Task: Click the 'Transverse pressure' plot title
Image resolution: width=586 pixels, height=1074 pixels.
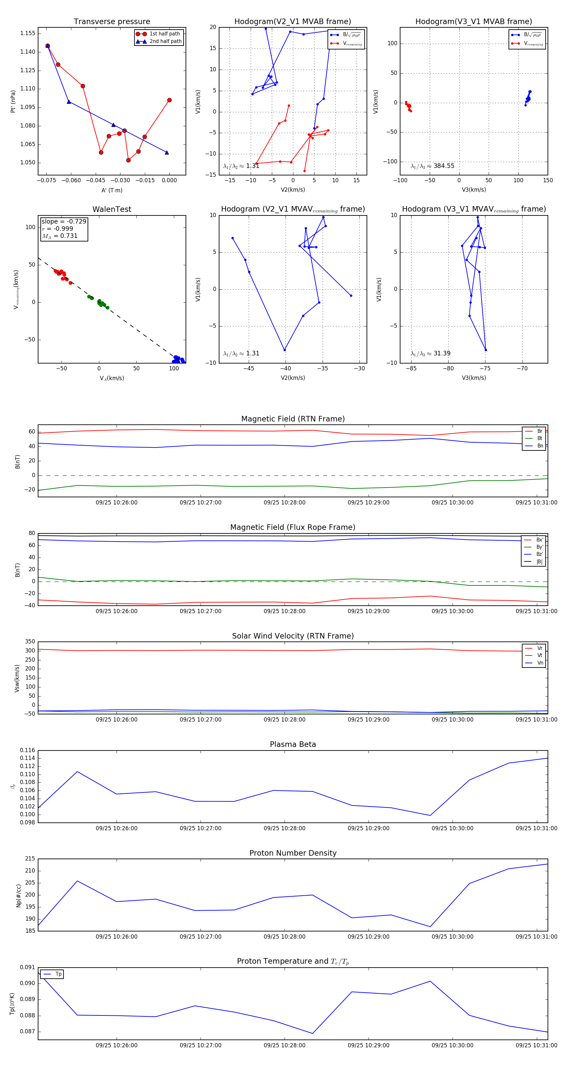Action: (112, 22)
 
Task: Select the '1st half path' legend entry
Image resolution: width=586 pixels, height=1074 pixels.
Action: (164, 34)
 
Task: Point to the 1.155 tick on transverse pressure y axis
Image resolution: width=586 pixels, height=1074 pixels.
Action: (28, 33)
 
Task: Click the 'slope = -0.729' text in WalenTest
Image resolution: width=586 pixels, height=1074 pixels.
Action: (64, 221)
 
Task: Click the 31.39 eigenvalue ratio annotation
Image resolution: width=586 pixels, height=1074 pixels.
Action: (430, 353)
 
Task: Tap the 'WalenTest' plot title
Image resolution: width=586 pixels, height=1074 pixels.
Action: (112, 209)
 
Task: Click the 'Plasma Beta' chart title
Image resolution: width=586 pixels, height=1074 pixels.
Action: (293, 744)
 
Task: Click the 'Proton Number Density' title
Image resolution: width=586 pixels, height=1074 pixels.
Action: (293, 853)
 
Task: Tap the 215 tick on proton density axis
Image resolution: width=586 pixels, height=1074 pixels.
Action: (30, 859)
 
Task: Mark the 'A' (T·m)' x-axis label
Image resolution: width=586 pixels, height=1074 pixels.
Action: (112, 190)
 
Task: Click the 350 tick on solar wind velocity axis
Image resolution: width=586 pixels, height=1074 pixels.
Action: (30, 642)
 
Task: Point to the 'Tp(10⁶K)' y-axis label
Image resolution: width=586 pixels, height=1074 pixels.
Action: (12, 1004)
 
